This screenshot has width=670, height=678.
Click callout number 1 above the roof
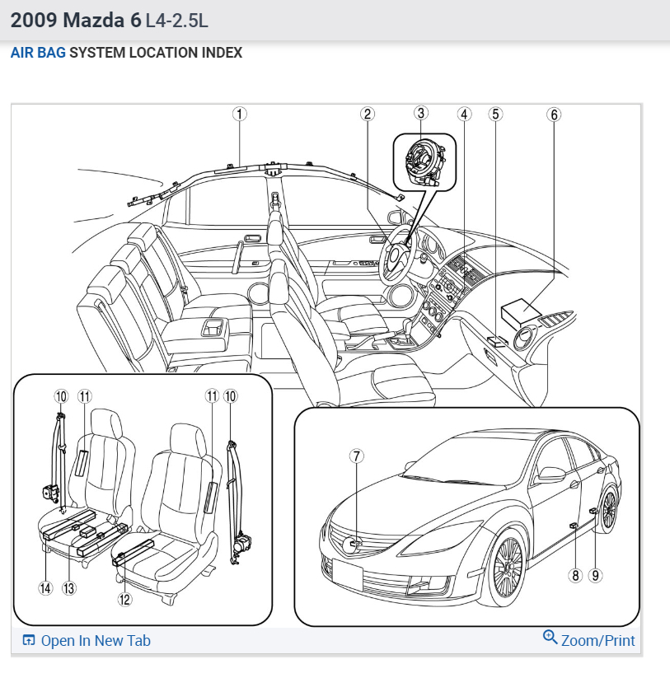(239, 115)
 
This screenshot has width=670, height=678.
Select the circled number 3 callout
(421, 113)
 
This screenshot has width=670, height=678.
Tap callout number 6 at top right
(554, 115)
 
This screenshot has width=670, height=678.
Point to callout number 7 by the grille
(356, 456)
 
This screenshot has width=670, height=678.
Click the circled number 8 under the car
(576, 575)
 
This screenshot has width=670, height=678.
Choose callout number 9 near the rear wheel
(596, 575)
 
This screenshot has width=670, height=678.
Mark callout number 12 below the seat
(124, 600)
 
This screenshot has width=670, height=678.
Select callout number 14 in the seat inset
(45, 588)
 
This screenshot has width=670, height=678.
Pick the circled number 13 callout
(69, 588)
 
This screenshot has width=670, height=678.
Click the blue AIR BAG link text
(38, 53)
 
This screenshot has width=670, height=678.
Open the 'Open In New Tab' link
(87, 640)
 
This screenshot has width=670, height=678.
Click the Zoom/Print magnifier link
(589, 639)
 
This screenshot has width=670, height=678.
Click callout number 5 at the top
(495, 115)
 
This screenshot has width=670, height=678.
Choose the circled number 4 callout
(465, 115)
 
